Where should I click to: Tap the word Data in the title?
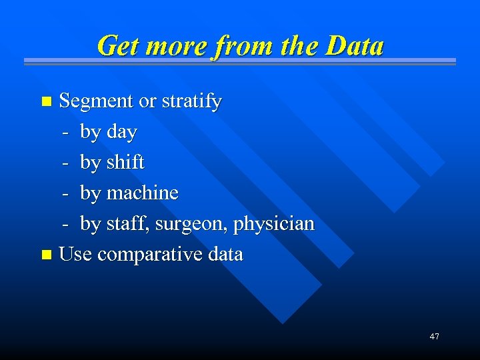click(x=354, y=46)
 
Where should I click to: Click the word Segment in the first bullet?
click(x=97, y=102)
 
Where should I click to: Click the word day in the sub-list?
click(x=121, y=133)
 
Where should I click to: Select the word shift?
click(x=126, y=163)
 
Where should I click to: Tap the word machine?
click(x=143, y=193)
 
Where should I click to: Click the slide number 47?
click(x=434, y=337)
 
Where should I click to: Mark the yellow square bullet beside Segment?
click(x=46, y=102)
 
